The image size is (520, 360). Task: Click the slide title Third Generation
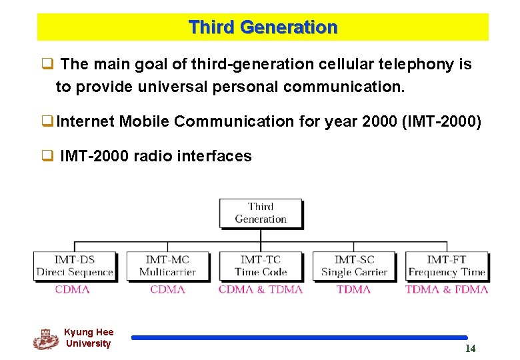tap(263, 27)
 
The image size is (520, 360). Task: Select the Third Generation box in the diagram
tap(261, 213)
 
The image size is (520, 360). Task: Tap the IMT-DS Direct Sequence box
tap(75, 265)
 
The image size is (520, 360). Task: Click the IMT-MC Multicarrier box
tap(167, 265)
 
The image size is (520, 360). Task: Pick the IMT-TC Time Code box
tap(261, 265)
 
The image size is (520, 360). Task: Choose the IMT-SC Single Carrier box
tap(354, 265)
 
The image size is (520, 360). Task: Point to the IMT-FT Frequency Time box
tap(447, 265)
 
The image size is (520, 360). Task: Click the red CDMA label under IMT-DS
tap(73, 289)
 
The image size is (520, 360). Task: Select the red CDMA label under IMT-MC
tap(167, 289)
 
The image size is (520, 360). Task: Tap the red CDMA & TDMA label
tap(261, 289)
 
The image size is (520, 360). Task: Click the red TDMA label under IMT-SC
tap(353, 289)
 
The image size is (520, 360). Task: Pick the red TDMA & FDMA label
tap(447, 289)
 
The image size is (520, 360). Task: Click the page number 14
tap(470, 349)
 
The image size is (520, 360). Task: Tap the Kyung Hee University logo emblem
tap(45, 339)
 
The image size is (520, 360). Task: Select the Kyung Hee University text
tap(89, 338)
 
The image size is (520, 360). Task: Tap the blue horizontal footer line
tap(299, 338)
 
